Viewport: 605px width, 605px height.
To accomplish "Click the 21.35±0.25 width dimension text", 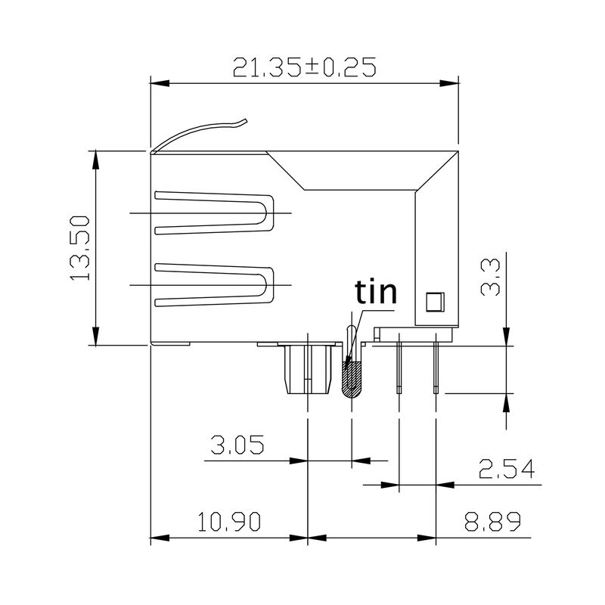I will click(x=304, y=68).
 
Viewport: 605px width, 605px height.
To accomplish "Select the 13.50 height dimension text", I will click(x=80, y=248).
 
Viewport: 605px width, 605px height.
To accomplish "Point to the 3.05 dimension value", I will click(x=237, y=445).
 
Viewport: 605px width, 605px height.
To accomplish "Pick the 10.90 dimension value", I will click(x=229, y=522).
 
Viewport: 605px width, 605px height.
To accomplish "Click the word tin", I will click(x=376, y=293).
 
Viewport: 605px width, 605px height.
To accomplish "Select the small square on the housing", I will click(x=433, y=302).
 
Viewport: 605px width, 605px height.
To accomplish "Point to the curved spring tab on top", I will click(x=200, y=132).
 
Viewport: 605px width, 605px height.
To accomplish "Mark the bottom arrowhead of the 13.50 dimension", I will click(x=95, y=338).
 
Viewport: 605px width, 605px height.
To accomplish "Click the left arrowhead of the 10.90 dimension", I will click(x=157, y=538).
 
